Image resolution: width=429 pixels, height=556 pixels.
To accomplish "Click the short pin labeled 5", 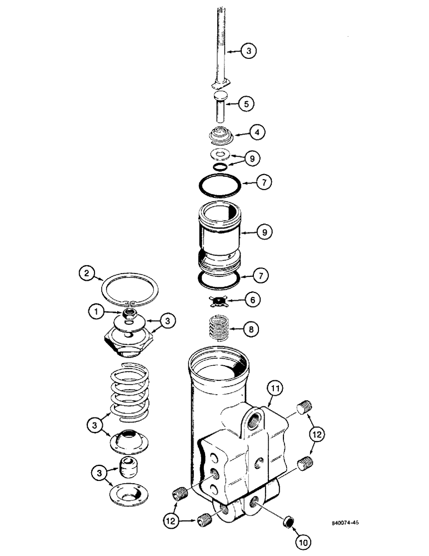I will [218, 108].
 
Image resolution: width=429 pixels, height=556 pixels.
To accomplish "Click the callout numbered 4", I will [256, 133].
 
